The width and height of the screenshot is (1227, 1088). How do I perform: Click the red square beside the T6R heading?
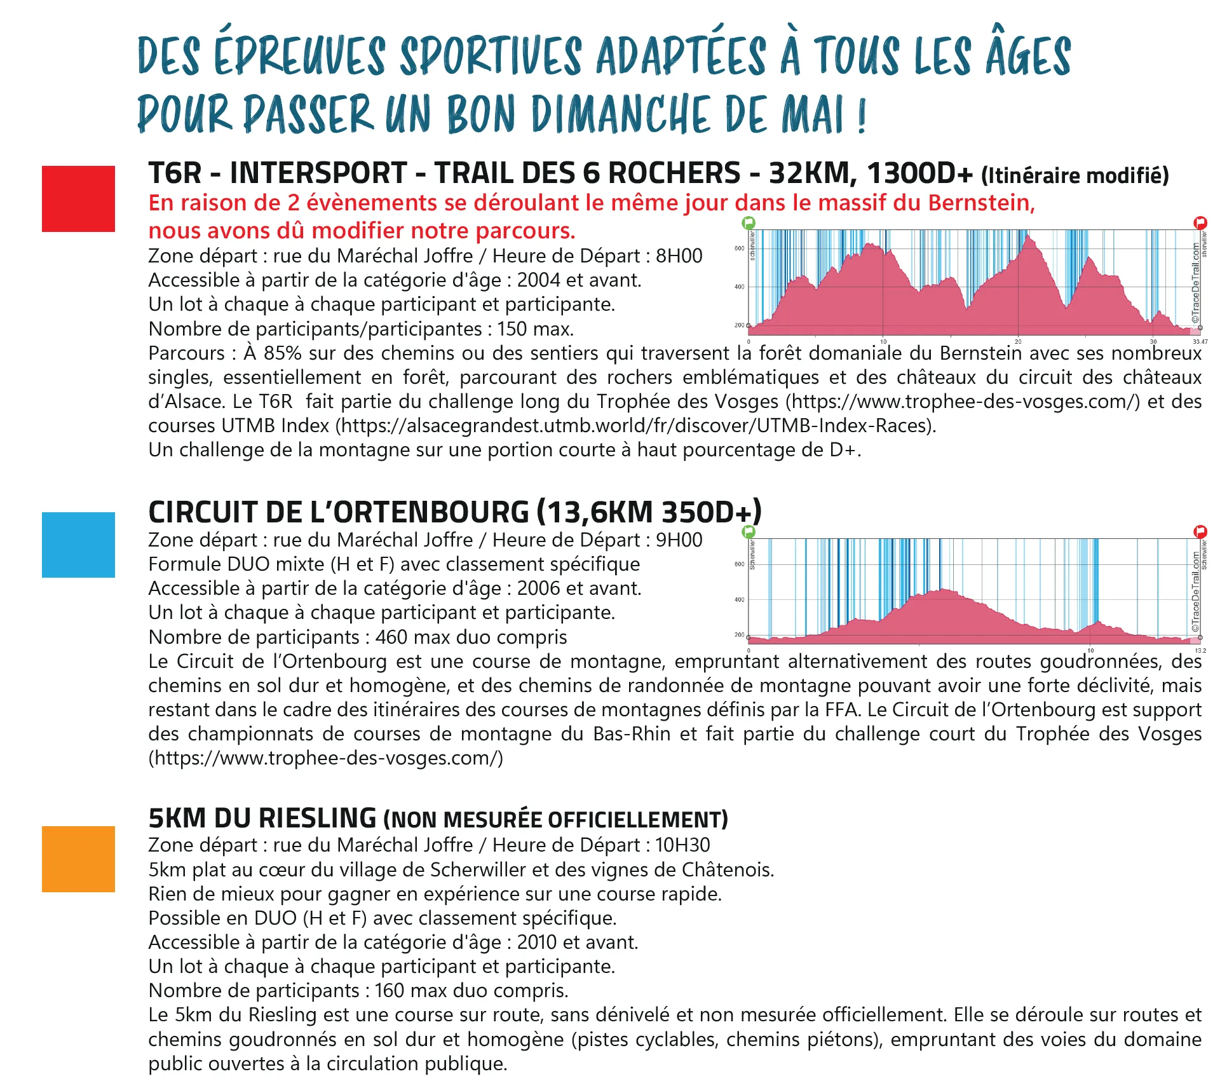(x=78, y=199)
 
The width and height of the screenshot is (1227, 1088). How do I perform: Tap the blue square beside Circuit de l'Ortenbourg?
(x=78, y=545)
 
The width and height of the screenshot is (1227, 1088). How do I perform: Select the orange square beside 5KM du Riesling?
(x=78, y=859)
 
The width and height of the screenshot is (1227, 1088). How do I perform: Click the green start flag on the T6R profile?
(x=749, y=222)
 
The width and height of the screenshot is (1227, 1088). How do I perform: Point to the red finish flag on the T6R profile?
(x=1200, y=222)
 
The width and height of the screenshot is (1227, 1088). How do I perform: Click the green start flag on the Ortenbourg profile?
(x=749, y=531)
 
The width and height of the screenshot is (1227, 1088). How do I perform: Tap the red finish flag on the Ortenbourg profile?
(x=1200, y=531)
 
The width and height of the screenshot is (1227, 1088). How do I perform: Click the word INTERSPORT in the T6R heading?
(x=318, y=173)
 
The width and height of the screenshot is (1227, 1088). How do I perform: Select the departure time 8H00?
(x=679, y=256)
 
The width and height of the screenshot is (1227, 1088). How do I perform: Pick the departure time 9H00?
(x=679, y=540)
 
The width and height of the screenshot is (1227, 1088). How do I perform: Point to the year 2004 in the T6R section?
(x=538, y=280)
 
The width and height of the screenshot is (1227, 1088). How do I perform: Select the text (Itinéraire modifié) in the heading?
(x=1075, y=175)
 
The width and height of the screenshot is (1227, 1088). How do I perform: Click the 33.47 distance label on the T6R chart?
(x=1200, y=342)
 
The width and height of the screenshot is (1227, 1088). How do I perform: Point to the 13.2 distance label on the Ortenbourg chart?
(x=1200, y=651)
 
